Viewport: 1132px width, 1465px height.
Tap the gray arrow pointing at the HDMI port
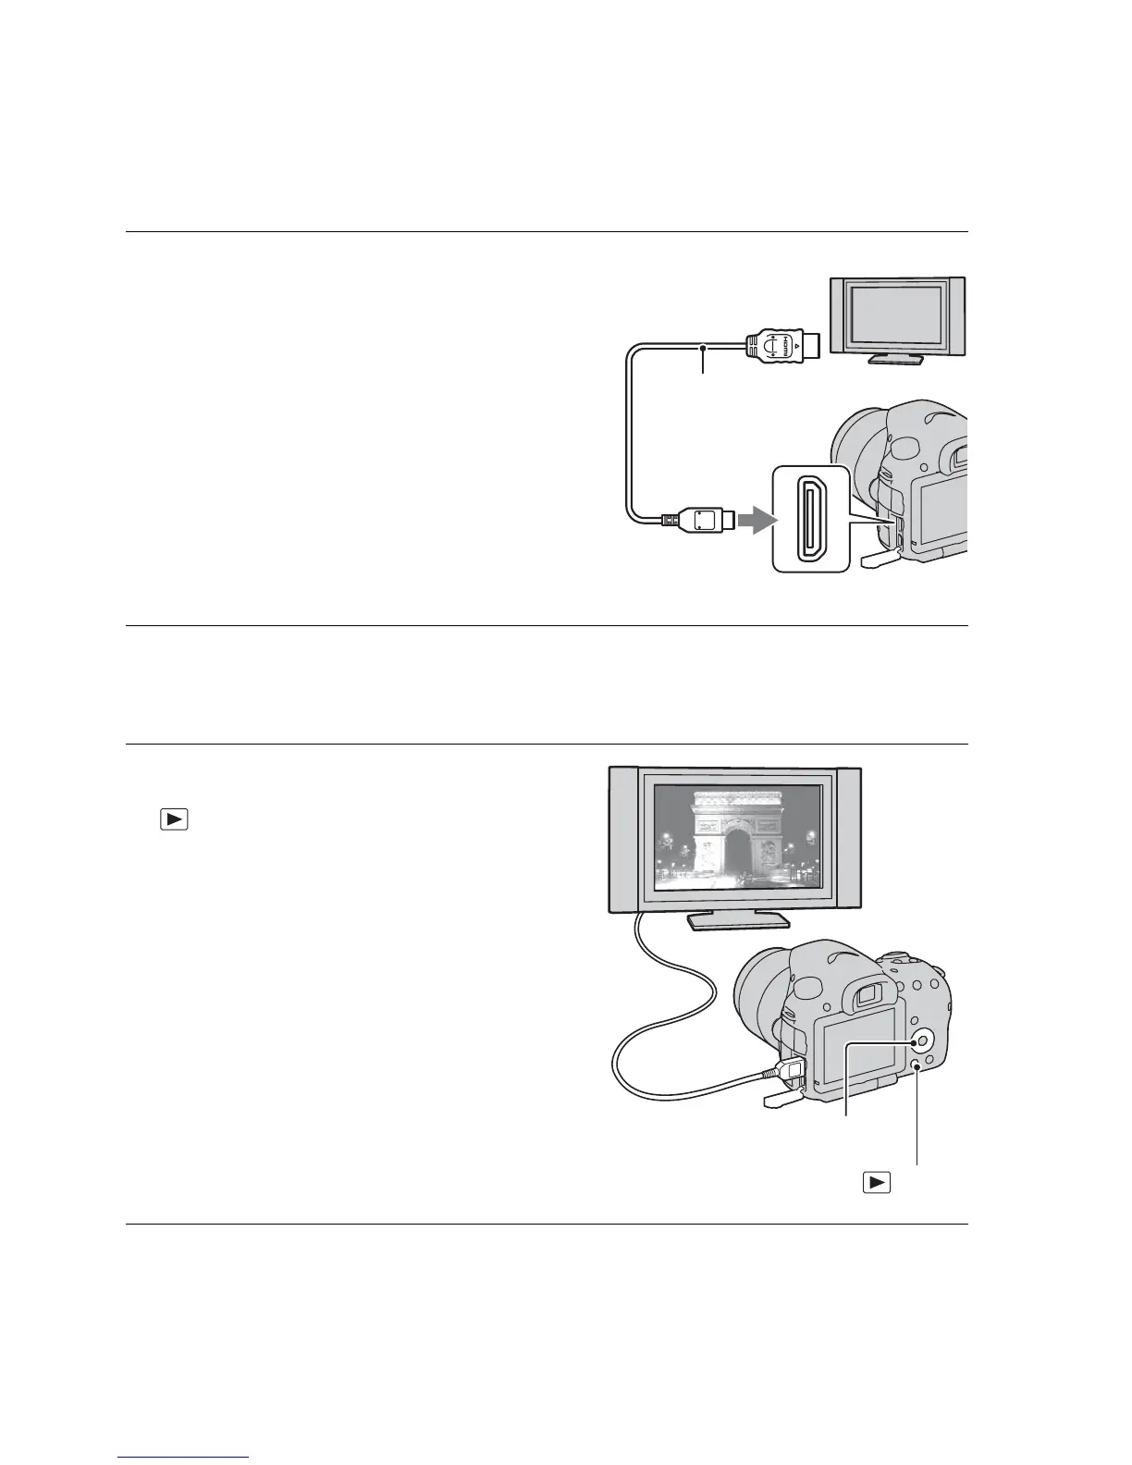tap(751, 520)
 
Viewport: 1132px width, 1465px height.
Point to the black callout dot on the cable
tap(705, 348)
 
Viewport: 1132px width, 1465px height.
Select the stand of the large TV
tap(737, 919)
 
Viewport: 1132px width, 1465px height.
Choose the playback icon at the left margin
tap(174, 819)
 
